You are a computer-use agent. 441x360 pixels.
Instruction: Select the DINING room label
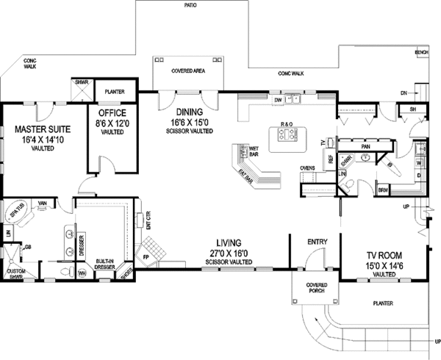click(x=184, y=113)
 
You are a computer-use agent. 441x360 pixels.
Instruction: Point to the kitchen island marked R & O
click(x=287, y=135)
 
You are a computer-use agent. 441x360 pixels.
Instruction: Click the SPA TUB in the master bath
click(x=17, y=212)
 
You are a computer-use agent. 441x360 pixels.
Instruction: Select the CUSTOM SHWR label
click(x=16, y=274)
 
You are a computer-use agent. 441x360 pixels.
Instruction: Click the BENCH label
click(x=421, y=53)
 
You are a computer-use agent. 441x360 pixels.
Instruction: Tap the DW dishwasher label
click(x=278, y=100)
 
